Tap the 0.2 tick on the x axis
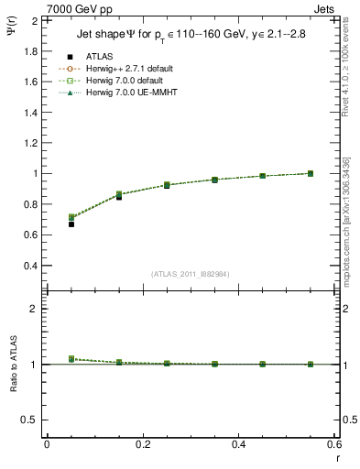[x=143, y=444]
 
